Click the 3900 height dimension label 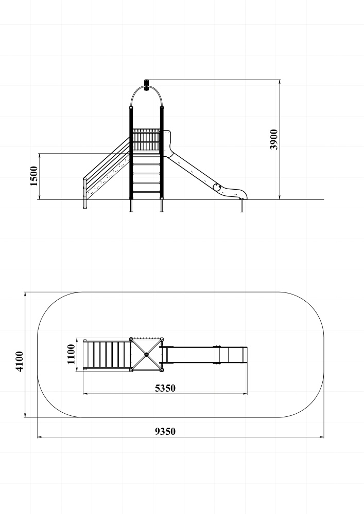(274, 140)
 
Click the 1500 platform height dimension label (34, 176)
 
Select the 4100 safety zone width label (20, 361)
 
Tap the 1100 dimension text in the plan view (71, 354)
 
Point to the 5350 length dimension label (165, 388)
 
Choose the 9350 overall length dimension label (165, 431)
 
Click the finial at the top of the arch (146, 85)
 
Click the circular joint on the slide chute (217, 187)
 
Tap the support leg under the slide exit (242, 206)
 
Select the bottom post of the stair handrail (85, 193)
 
